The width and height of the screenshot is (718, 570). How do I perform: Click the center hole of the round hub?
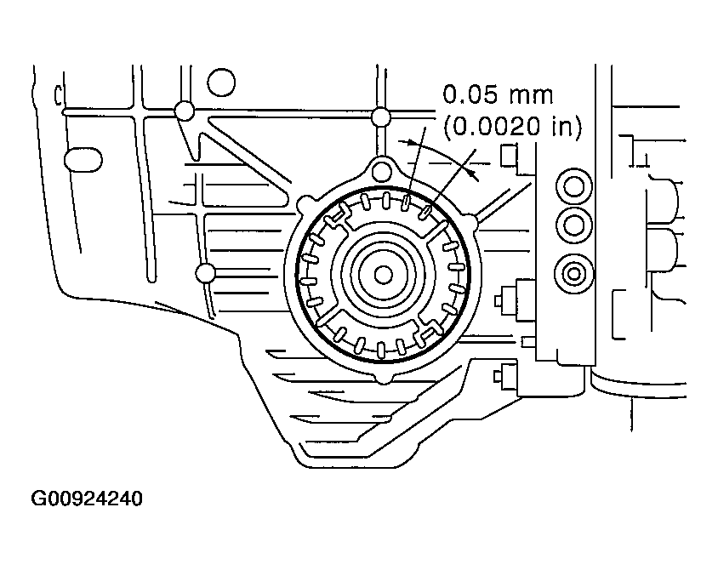[383, 275]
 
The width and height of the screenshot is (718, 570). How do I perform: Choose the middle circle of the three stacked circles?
[573, 225]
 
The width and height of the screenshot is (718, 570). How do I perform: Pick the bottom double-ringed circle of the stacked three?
[573, 274]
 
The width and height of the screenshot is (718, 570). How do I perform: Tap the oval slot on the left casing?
[83, 159]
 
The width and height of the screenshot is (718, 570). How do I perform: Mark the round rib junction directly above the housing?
[381, 116]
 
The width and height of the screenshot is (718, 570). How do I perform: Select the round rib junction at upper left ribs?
[181, 111]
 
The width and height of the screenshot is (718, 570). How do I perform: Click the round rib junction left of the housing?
[204, 273]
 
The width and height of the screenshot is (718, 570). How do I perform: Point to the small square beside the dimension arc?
[509, 156]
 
